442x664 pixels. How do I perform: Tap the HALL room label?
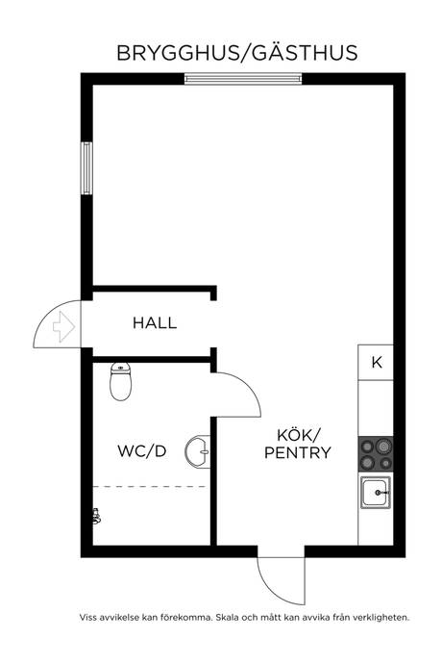(155, 323)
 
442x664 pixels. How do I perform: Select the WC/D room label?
(140, 451)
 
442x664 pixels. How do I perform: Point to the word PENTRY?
(298, 451)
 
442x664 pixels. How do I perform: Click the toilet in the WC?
(121, 382)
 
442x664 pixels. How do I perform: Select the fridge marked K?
(376, 362)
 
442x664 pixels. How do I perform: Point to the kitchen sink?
(375, 496)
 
